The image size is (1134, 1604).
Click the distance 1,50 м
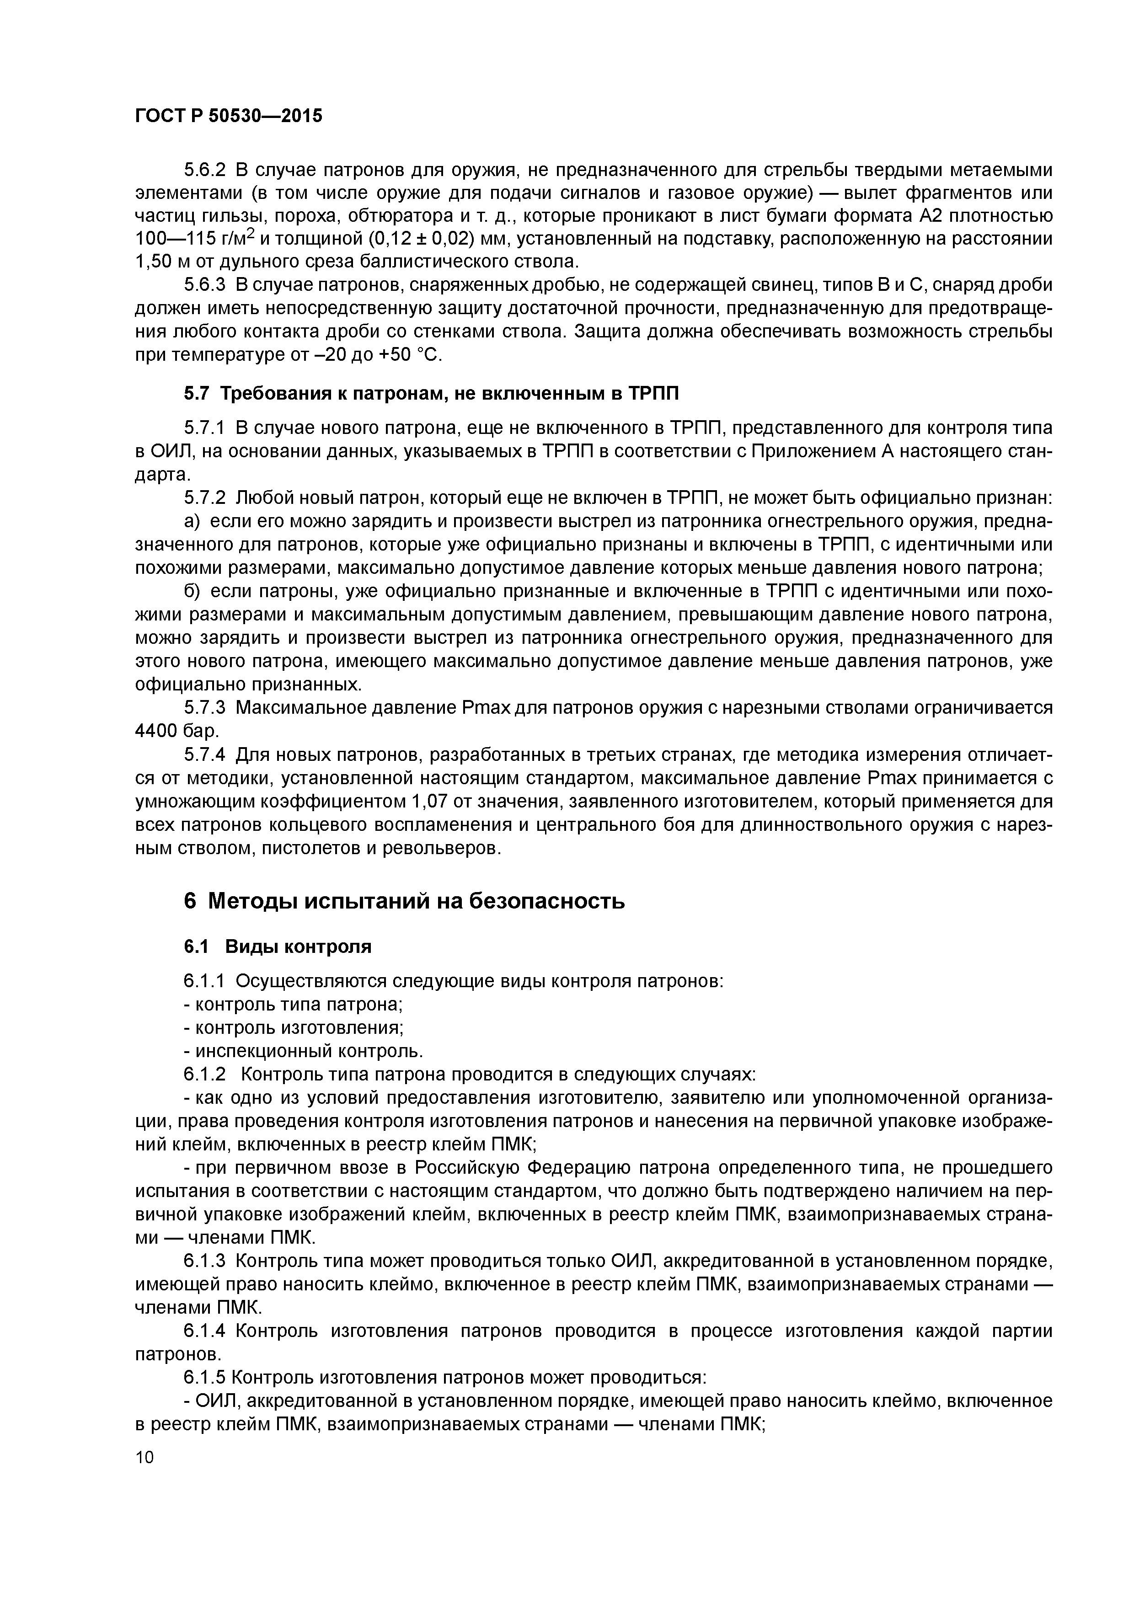164,262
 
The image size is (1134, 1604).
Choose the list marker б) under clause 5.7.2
192,591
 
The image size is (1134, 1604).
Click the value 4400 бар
176,731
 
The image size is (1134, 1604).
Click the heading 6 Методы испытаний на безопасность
404,901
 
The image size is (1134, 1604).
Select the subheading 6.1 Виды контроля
278,946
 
